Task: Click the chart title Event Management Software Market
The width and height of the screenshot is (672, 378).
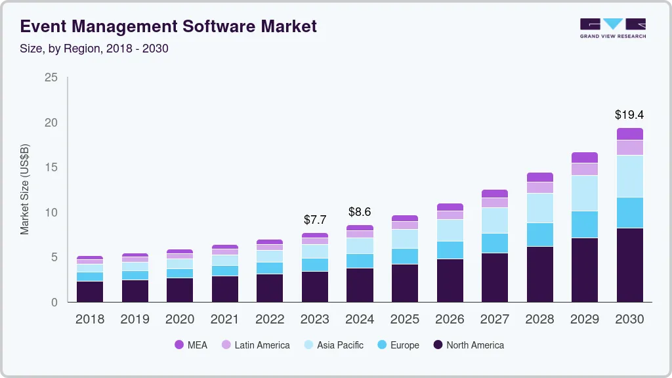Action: (x=168, y=26)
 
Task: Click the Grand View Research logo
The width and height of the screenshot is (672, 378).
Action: (x=612, y=28)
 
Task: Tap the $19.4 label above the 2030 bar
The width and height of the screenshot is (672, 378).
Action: (x=629, y=115)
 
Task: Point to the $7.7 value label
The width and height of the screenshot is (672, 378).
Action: (x=315, y=220)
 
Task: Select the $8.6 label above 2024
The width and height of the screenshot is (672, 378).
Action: (x=360, y=212)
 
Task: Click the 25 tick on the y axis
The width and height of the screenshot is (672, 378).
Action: (x=51, y=78)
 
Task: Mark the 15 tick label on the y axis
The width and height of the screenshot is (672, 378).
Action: (x=51, y=168)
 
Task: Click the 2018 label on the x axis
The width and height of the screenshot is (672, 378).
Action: (x=90, y=320)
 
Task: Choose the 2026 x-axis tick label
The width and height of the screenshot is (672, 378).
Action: (x=450, y=320)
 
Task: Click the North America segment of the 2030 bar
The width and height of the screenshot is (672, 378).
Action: (x=629, y=265)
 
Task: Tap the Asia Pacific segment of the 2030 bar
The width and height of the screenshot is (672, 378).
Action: (x=629, y=176)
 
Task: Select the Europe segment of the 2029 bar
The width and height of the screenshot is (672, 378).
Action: (x=585, y=224)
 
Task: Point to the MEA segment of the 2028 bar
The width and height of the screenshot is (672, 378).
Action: (x=539, y=177)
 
